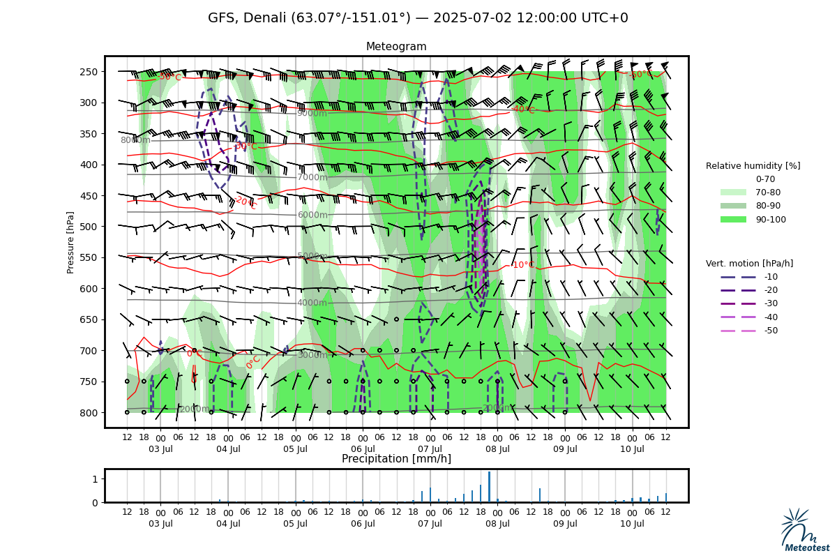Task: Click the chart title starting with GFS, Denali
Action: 418,18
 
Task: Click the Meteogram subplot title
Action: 396,47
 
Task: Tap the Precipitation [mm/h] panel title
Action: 396,459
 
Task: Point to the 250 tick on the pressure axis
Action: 88,72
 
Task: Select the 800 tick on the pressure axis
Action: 88,413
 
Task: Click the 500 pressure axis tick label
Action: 88,227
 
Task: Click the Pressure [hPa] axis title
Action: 70,242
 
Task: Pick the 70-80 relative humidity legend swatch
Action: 733,193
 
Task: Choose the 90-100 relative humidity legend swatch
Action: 733,219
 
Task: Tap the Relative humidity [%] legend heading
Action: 753,166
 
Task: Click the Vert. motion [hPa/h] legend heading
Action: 749,264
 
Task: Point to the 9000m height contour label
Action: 312,114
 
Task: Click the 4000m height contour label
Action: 312,303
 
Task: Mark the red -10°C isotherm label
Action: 523,265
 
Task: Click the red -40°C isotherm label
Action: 523,110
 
